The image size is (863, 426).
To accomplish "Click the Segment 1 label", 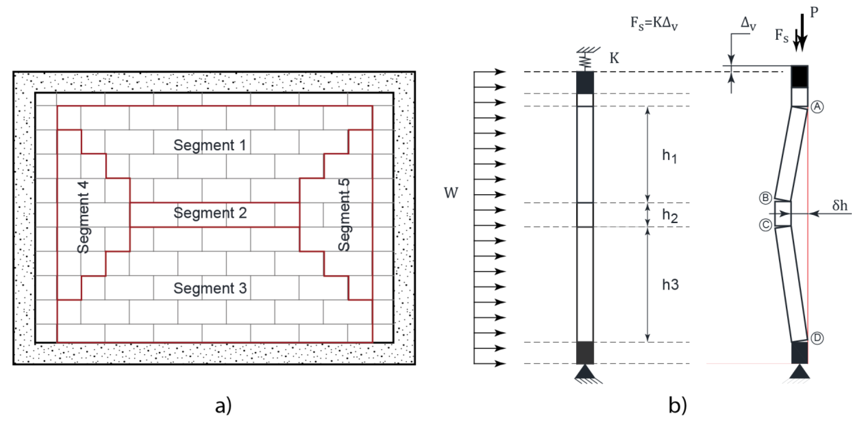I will coord(210,145).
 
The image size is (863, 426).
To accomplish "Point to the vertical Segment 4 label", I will coord(83,217).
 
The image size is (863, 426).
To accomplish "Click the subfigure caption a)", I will coord(223,406).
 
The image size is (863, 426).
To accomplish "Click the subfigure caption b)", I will coord(677,406).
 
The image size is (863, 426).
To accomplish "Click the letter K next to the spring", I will coord(614,59).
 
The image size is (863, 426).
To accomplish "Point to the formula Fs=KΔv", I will coord(654,24).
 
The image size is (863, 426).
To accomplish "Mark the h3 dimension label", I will coord(670,285).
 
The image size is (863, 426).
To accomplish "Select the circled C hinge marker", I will coord(765,225).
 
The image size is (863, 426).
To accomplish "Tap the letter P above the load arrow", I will coord(814,12).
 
